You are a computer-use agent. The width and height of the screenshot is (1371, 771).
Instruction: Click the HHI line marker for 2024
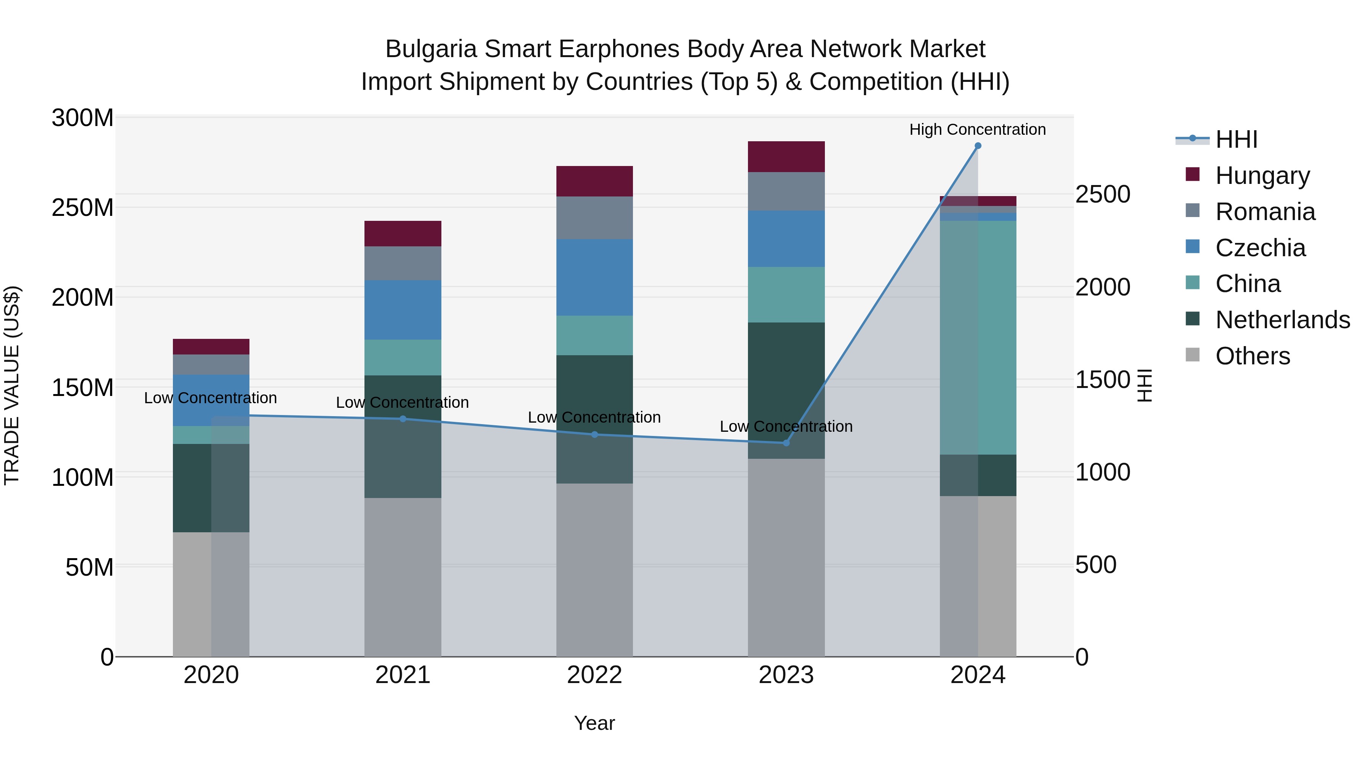coord(978,146)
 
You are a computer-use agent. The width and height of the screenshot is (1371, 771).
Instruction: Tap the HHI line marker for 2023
coord(786,443)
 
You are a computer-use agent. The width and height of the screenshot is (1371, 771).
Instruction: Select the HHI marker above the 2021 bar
coord(403,419)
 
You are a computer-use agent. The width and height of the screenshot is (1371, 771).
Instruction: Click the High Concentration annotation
coord(977,129)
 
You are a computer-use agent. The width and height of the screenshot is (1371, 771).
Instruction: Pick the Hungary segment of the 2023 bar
coord(786,156)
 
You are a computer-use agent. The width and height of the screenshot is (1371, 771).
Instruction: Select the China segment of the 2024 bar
coord(978,337)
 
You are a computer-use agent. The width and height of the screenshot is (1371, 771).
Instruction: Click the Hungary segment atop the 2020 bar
coord(211,346)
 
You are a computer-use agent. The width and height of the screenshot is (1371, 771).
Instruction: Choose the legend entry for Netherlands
coord(1283,320)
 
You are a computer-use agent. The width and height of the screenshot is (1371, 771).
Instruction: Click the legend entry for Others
coord(1253,356)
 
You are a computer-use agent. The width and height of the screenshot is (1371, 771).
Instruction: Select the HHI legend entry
coord(1236,139)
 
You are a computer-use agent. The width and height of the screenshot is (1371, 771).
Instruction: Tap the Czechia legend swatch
coord(1193,247)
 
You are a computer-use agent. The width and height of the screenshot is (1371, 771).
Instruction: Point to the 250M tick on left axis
coord(83,208)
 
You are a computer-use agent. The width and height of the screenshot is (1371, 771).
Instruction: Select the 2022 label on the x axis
coord(594,675)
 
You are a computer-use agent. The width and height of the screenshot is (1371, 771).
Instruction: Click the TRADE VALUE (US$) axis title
coord(12,385)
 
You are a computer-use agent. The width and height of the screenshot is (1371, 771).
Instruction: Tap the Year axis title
coord(594,723)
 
